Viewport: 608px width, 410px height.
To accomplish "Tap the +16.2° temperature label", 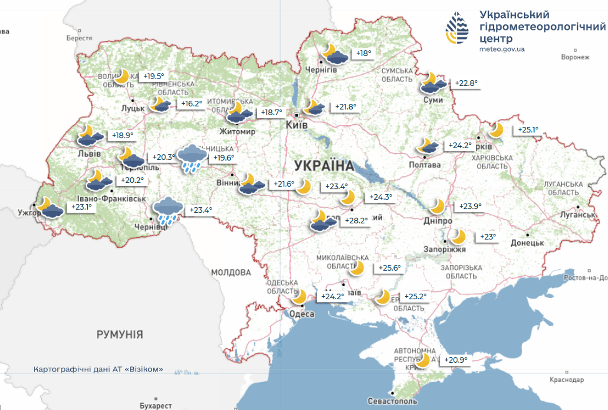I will pos(192,104).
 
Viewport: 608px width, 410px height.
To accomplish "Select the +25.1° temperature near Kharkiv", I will pos(528,130).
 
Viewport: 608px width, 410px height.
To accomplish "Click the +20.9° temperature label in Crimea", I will pos(456,360).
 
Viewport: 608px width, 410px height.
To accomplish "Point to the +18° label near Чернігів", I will pos(363,53).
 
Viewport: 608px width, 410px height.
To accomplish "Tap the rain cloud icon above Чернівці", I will pos(168,211).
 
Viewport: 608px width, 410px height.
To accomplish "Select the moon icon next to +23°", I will pos(458,237).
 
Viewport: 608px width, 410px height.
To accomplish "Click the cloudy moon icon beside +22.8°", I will pos(432,83).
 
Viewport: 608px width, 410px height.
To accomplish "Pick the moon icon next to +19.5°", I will pos(122,76).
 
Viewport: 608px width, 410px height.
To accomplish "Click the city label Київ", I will pos(297,125).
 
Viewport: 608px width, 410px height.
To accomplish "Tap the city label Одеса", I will pos(302,314).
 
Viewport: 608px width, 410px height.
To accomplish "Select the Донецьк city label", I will pos(527,243).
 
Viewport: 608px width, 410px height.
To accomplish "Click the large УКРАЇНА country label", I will pos(324,165).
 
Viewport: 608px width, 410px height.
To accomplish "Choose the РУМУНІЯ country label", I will pos(119,334).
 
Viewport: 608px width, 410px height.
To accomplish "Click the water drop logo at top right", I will pos(457,28).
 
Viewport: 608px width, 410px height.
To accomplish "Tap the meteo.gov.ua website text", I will pos(502,49).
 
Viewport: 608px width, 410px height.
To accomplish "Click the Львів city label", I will pos(89,154).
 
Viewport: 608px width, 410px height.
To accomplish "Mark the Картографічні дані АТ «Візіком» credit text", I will pos(99,369).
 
